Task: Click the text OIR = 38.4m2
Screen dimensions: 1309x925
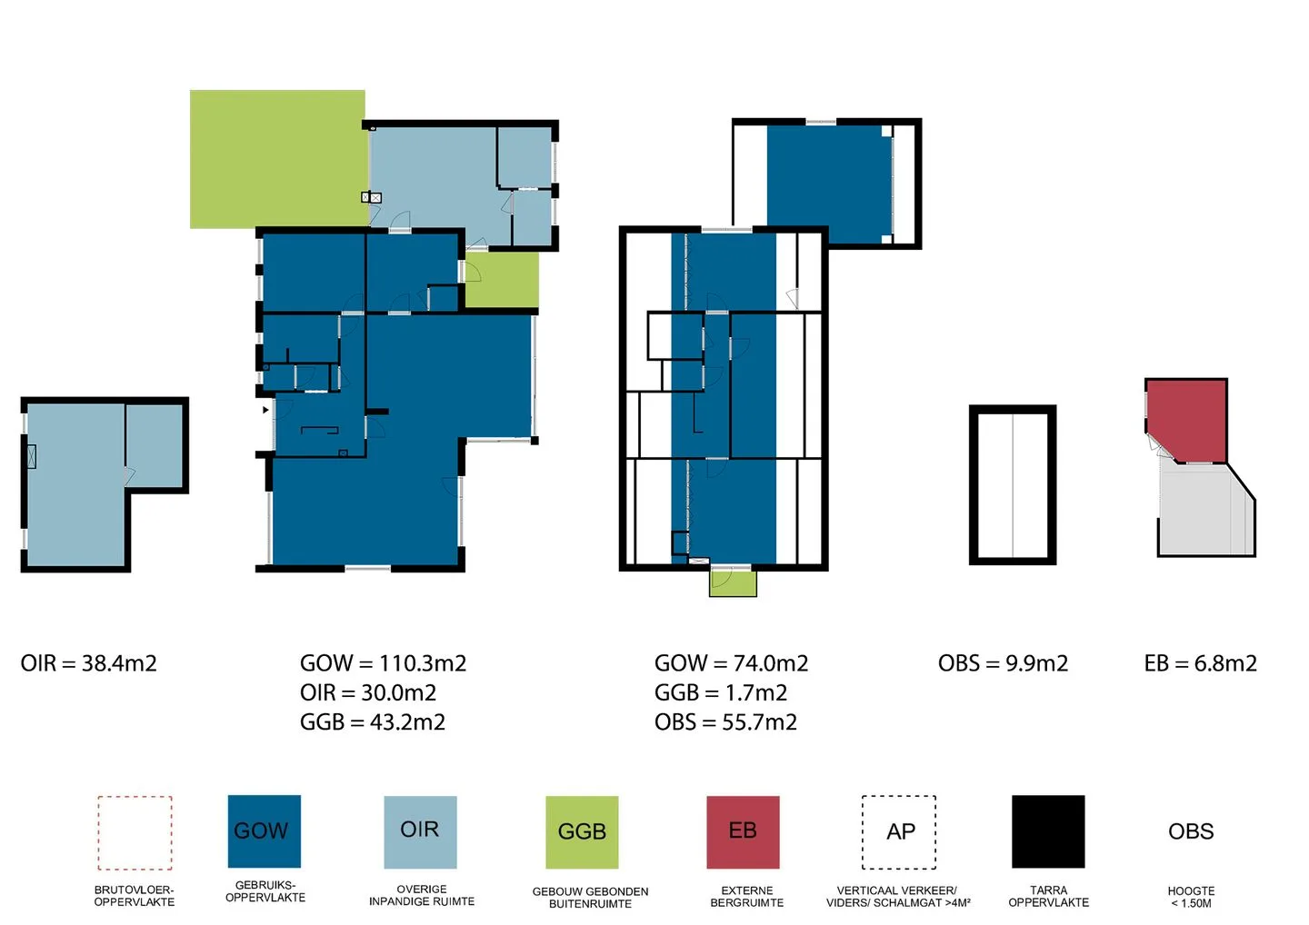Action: pos(89,663)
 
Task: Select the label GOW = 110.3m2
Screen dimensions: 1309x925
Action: pos(384,663)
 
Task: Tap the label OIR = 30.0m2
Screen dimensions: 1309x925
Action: pos(368,692)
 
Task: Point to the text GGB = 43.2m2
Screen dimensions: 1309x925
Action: pos(373,722)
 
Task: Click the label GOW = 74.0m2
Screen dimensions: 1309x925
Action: pos(731,663)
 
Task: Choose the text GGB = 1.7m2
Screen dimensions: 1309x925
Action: pos(721,692)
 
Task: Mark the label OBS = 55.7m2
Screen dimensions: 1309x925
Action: pos(725,722)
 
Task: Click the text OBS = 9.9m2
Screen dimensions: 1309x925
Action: pos(1003,663)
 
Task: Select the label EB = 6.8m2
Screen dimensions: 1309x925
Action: pos(1200,663)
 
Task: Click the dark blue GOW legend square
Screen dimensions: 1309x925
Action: pos(265,831)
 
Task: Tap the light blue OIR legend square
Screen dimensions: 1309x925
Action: pos(420,832)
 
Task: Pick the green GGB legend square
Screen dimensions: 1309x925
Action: pos(582,832)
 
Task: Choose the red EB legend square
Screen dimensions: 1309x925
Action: pos(743,832)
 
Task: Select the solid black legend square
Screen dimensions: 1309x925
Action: pos(1048,831)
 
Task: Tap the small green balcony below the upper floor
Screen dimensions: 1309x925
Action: pos(733,582)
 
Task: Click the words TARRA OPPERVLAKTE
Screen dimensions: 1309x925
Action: pos(1048,897)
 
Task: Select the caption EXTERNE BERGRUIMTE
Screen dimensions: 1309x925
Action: pos(747,897)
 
